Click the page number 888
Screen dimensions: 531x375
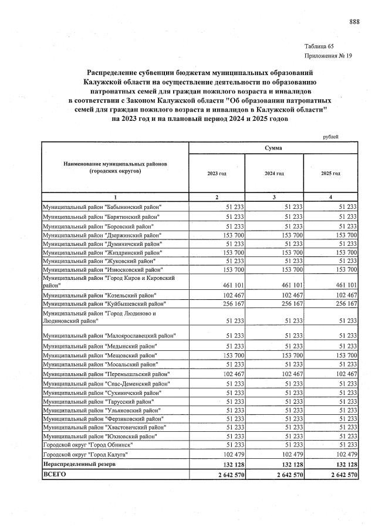pos(354,22)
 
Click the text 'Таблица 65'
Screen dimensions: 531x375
pos(319,46)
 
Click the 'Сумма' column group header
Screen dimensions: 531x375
pos(273,148)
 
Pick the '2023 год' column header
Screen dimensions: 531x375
pos(217,174)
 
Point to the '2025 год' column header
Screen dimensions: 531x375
pos(330,174)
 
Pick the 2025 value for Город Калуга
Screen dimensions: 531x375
pos(345,455)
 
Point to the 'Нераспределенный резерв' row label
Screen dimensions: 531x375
pos(82,464)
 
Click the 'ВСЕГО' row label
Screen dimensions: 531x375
pos(56,474)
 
